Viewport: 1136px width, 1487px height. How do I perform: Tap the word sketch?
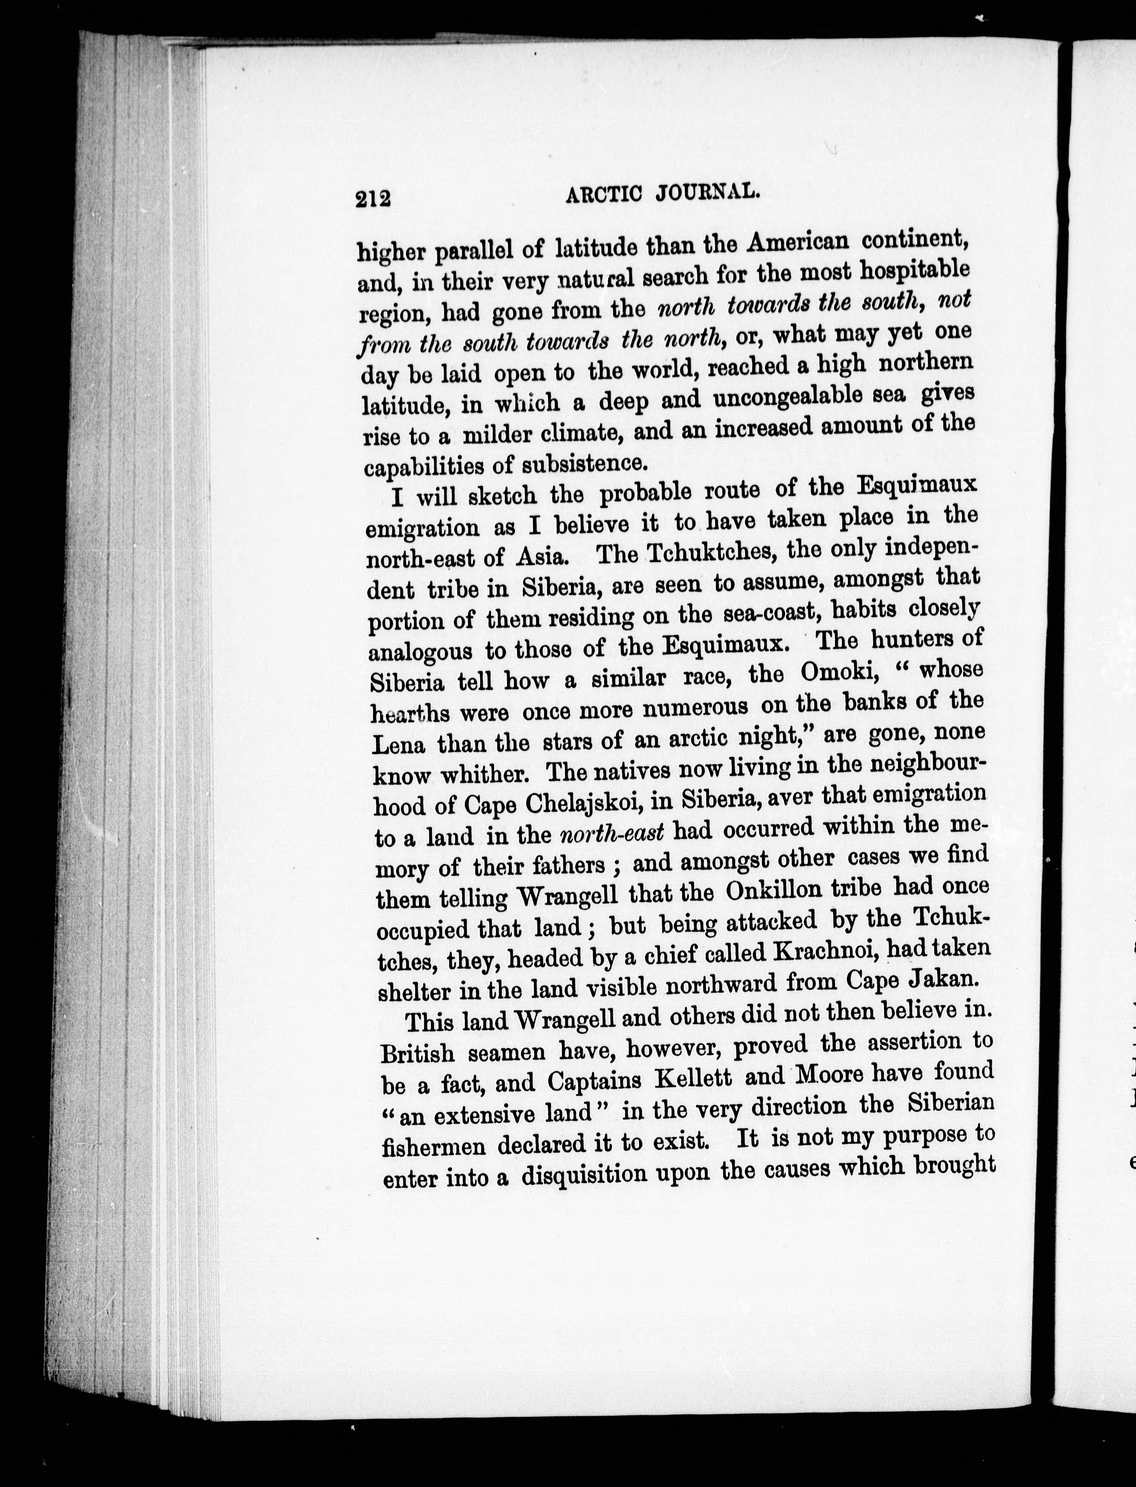[502, 496]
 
